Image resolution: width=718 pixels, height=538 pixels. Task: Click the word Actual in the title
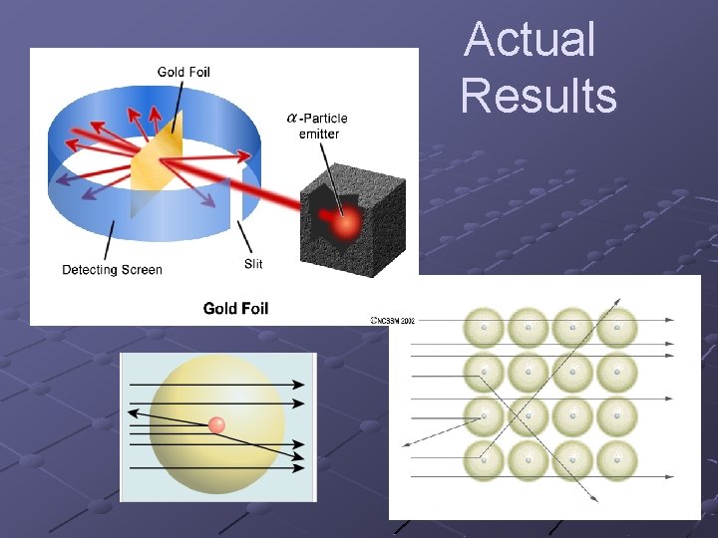pos(530,41)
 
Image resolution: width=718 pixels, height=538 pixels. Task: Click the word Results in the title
pos(538,97)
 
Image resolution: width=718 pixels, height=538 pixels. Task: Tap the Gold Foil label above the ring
pos(183,72)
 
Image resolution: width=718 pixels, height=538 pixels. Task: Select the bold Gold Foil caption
pos(235,308)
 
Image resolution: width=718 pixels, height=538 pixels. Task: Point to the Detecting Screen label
pos(112,270)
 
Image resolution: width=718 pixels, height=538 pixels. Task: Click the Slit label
pos(254,264)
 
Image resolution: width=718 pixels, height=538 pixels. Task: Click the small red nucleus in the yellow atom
pos(216,425)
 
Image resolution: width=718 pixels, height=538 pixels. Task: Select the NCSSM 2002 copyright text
pos(393,321)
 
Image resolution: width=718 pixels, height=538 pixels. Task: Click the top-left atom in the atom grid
pos(485,328)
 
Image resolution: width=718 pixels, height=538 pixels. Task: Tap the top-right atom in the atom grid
pos(616,328)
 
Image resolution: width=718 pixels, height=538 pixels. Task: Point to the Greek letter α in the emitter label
pos(292,119)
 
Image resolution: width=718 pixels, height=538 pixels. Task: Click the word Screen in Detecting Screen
pos(141,270)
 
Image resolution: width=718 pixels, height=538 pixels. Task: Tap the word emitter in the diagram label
pos(319,134)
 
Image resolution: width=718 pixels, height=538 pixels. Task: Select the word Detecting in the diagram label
pos(90,270)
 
